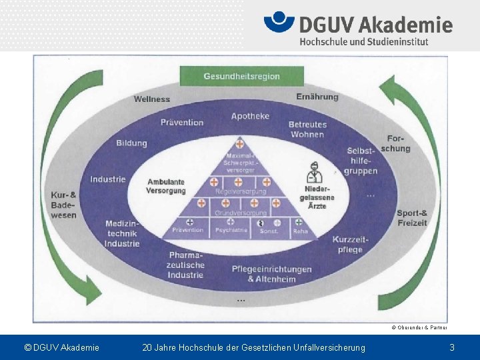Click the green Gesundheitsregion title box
click(x=241, y=76)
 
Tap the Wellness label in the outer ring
click(x=152, y=99)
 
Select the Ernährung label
click(x=317, y=97)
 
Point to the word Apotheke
click(x=251, y=116)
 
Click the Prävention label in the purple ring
click(x=182, y=123)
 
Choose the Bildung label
click(x=131, y=143)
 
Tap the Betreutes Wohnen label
click(x=307, y=129)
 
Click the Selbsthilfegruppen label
click(x=361, y=161)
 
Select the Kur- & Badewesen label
click(x=64, y=205)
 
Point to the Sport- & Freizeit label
click(x=411, y=218)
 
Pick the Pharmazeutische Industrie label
click(x=186, y=265)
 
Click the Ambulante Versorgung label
click(x=166, y=186)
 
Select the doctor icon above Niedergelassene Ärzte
click(x=314, y=175)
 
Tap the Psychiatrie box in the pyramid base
click(x=231, y=230)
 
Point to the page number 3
click(x=452, y=347)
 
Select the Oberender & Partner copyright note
click(x=419, y=327)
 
